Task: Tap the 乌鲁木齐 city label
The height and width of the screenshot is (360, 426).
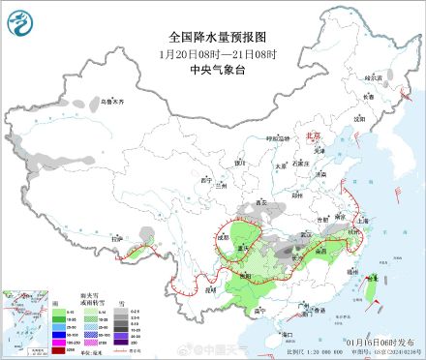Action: [x=113, y=101]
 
